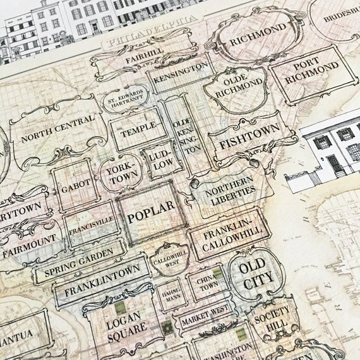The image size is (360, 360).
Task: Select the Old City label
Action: pyautogui.click(x=256, y=272)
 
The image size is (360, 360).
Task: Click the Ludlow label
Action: pyautogui.click(x=157, y=159)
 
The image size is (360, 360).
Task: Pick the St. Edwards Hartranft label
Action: pyautogui.click(x=125, y=102)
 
